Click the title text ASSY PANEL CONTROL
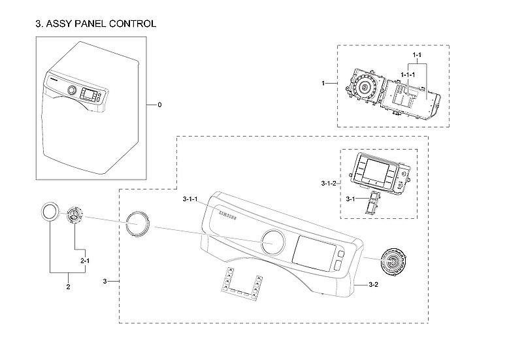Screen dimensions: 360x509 pyautogui.click(x=95, y=24)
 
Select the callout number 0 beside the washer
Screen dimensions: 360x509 pyautogui.click(x=159, y=105)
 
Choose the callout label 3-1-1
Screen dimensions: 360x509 pyautogui.click(x=193, y=199)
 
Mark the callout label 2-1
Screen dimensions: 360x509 pyautogui.click(x=84, y=261)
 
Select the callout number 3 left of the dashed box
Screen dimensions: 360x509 pyautogui.click(x=105, y=281)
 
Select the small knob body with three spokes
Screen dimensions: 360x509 pyautogui.click(x=74, y=216)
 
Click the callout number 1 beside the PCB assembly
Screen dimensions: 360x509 pyautogui.click(x=324, y=84)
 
